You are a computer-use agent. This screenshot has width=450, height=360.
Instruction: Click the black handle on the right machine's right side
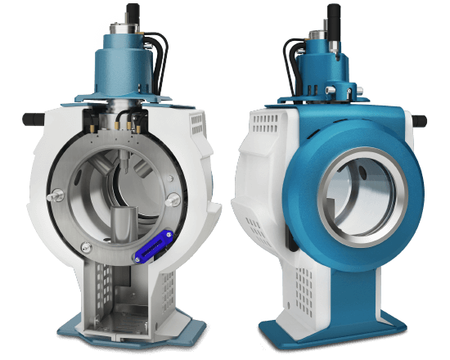[x=416, y=120]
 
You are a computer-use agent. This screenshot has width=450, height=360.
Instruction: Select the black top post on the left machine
[x=132, y=13]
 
